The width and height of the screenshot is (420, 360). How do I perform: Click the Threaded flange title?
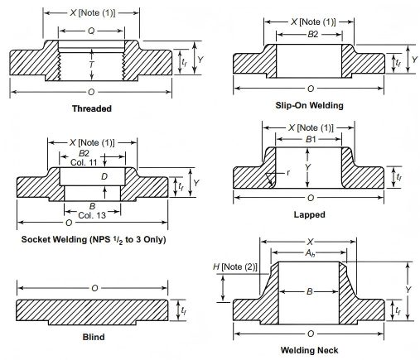92,108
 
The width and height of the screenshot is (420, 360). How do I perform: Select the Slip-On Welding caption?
310,105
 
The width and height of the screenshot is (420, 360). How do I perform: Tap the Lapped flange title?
309,214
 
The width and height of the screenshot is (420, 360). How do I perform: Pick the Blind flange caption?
94,337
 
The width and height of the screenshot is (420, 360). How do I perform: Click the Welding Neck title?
309,350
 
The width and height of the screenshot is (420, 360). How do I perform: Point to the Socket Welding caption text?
94,239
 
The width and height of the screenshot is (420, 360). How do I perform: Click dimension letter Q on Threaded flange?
91,31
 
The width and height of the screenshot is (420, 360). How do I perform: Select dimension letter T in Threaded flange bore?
92,65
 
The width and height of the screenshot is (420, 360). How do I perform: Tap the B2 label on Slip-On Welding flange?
313,34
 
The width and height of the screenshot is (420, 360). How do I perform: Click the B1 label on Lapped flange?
311,139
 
